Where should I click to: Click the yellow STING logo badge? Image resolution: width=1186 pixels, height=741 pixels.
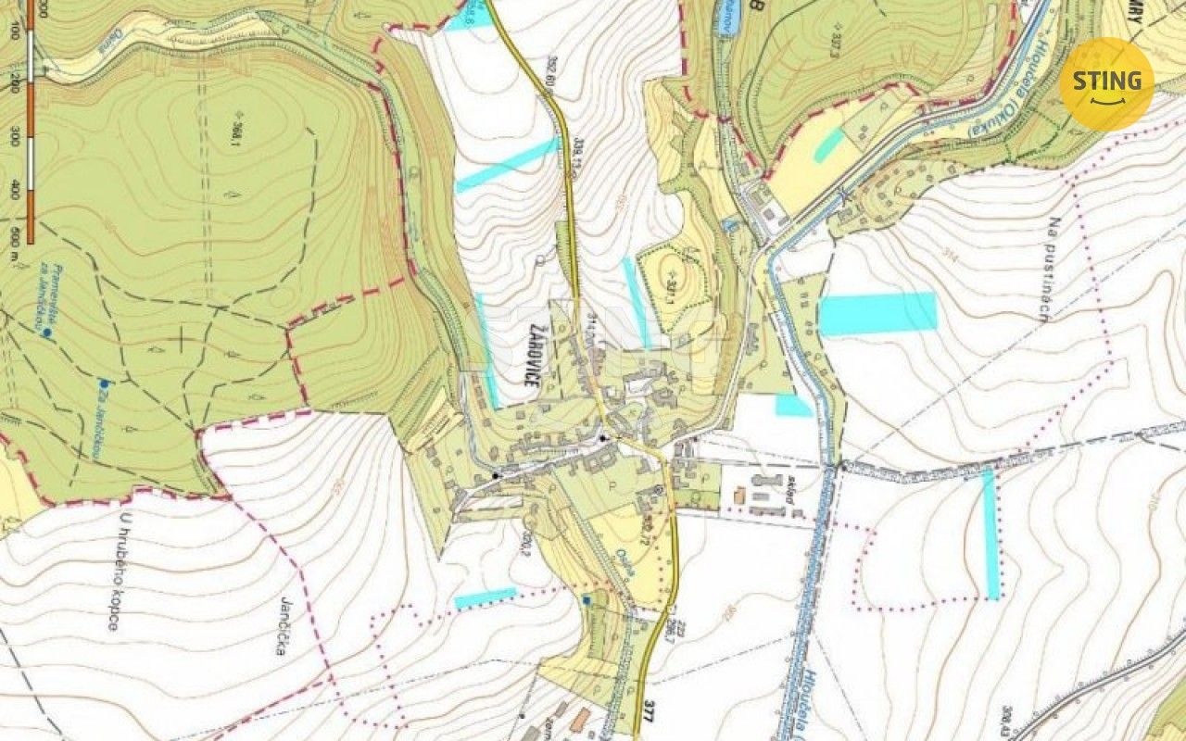tap(1106, 83)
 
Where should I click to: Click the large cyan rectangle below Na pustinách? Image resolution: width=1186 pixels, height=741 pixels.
tap(877, 313)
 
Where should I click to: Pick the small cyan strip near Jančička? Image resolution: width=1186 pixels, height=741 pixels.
tap(485, 597)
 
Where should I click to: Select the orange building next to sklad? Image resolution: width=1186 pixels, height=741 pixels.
tap(739, 496)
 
